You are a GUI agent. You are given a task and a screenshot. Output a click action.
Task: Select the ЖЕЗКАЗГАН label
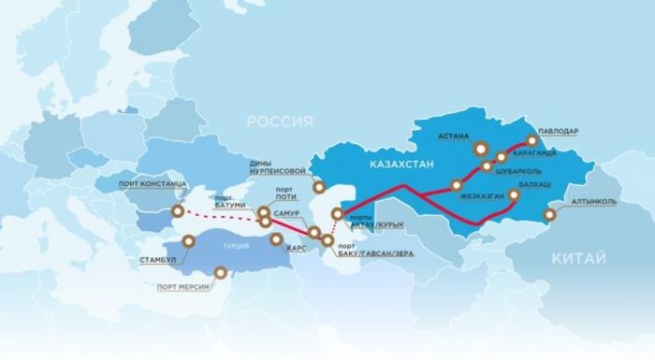[x=482, y=196]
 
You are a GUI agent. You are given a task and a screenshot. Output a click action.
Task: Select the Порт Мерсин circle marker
[x=221, y=274]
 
